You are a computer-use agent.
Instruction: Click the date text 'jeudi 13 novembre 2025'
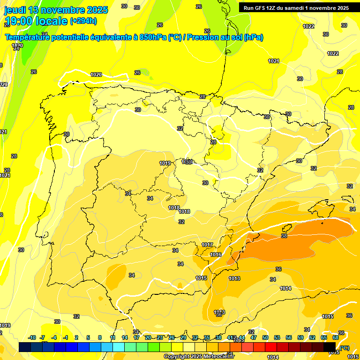click(x=56, y=10)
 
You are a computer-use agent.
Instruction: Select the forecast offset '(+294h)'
click(x=83, y=21)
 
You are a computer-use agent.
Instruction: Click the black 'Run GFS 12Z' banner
click(x=296, y=8)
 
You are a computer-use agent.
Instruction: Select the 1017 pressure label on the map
click(x=207, y=245)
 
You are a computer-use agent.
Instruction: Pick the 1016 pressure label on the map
click(x=216, y=255)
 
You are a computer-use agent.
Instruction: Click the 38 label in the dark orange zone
click(x=284, y=236)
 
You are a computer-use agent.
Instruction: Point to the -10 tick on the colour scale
click(x=32, y=337)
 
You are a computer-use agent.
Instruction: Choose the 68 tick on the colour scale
click(x=336, y=337)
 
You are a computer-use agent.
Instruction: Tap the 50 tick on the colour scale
click(x=265, y=337)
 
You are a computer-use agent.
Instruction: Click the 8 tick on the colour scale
click(x=100, y=337)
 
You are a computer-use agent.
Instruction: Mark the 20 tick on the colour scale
click(x=148, y=337)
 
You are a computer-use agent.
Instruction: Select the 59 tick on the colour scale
click(x=300, y=337)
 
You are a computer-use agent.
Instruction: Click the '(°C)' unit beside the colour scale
click(x=345, y=347)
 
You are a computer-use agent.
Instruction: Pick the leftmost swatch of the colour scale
click(x=25, y=347)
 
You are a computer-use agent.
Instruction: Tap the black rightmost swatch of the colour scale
click(x=330, y=347)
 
